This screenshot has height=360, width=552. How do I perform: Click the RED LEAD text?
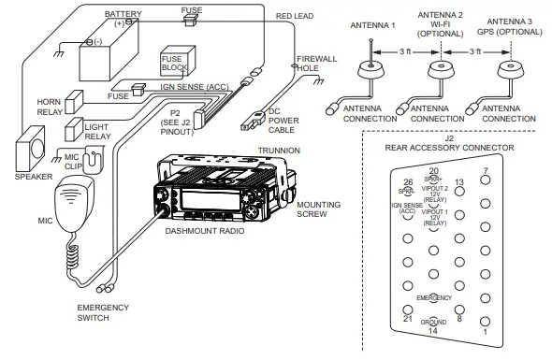[x=298, y=16]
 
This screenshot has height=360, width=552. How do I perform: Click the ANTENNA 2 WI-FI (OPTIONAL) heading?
[x=439, y=24]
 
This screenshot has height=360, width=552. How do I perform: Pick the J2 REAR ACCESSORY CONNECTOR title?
[x=449, y=145]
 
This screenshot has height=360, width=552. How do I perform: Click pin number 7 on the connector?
[x=484, y=171]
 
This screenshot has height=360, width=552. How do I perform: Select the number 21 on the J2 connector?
[x=406, y=319]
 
